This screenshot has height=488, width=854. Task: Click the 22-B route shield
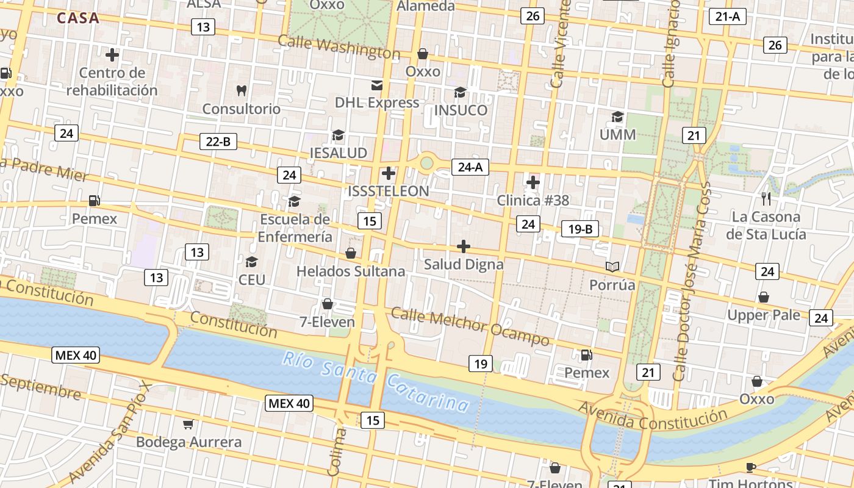[x=218, y=142]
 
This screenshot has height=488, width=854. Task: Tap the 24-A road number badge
[x=470, y=167]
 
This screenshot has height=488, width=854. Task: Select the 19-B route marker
[x=580, y=229]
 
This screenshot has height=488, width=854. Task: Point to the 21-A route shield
[x=728, y=16]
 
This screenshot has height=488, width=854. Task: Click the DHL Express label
[x=377, y=102]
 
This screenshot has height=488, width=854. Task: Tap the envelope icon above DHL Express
[x=377, y=85]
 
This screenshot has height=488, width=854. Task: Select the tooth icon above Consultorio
[x=242, y=91]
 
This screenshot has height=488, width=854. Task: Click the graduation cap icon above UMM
[x=618, y=117]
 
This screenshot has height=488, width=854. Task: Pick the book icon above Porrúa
[x=612, y=267]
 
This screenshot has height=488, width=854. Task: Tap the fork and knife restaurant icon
[x=766, y=198]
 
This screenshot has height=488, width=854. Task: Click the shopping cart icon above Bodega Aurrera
[x=188, y=424]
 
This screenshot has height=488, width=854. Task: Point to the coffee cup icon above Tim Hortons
[x=751, y=467]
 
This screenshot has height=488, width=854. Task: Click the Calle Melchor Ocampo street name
[x=470, y=326]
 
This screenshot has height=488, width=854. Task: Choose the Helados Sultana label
[x=351, y=271]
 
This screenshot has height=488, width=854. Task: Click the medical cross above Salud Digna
[x=464, y=246]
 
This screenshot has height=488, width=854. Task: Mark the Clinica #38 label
[x=533, y=200]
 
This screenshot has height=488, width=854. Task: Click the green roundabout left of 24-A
[x=426, y=163]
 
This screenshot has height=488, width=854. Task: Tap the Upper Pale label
[x=763, y=315]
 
